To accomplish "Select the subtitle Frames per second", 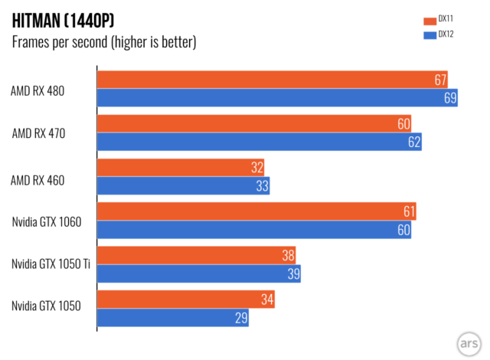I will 104,42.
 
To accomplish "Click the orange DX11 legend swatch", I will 428,21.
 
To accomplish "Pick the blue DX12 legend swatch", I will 428,35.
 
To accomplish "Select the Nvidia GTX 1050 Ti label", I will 51,264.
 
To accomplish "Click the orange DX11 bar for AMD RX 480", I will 272,80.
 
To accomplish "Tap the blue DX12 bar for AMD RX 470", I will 259,142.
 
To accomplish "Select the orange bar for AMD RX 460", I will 181,167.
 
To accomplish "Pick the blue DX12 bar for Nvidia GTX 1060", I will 253,229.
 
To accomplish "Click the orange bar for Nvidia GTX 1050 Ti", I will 196,255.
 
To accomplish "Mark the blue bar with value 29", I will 172,317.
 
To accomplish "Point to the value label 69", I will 450,98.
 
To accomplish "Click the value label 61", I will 409,211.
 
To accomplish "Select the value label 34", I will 267,299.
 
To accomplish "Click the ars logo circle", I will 470,342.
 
